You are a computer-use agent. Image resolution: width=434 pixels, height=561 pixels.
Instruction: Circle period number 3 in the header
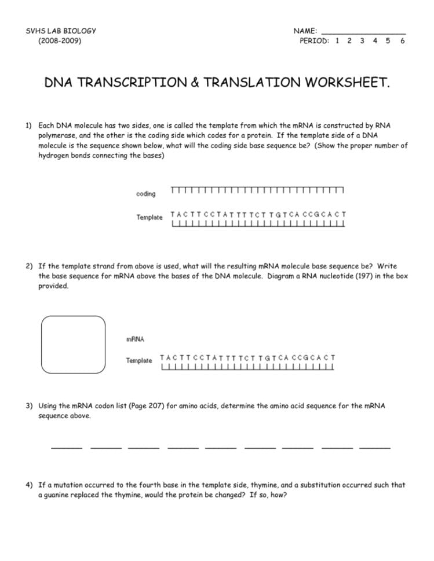[x=362, y=41]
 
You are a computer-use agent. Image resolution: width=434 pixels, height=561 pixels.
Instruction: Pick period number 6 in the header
[x=402, y=41]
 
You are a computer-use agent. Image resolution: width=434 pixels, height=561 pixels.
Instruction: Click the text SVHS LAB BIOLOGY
[x=61, y=31]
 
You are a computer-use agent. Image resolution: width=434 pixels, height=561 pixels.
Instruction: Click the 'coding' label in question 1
[x=146, y=194]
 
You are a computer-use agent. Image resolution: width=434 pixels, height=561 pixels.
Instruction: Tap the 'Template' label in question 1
[x=149, y=217]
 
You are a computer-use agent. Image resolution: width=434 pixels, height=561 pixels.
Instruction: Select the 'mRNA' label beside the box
[x=135, y=339]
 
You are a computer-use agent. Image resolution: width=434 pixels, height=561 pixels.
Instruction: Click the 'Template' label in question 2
[x=139, y=361]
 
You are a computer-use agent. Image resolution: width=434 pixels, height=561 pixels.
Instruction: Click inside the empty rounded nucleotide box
[x=74, y=346]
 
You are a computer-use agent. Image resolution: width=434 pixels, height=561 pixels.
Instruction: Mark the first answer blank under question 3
[x=67, y=446]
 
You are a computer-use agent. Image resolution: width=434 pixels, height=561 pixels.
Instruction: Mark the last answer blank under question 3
[x=374, y=446]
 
